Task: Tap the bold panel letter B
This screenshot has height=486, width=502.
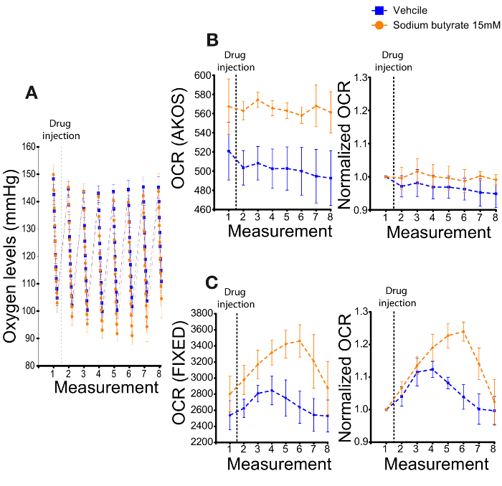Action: [212, 41]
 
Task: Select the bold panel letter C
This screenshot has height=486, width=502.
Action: [212, 283]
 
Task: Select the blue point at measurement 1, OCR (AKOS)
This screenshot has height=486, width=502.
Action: [229, 151]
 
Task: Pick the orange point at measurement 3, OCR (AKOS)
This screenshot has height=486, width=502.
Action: [257, 100]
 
